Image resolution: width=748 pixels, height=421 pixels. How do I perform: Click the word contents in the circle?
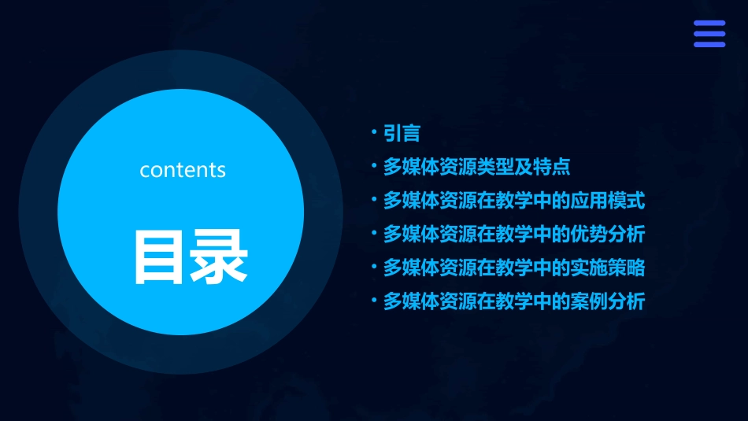[183, 170]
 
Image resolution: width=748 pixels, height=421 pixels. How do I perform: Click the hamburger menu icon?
[709, 34]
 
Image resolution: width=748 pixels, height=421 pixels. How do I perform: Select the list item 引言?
[402, 134]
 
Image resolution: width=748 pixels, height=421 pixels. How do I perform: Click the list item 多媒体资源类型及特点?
[476, 167]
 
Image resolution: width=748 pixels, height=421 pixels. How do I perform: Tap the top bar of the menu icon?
[709, 24]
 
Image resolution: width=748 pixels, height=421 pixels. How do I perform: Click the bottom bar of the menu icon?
[709, 44]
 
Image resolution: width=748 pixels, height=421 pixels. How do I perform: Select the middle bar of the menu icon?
[709, 34]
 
